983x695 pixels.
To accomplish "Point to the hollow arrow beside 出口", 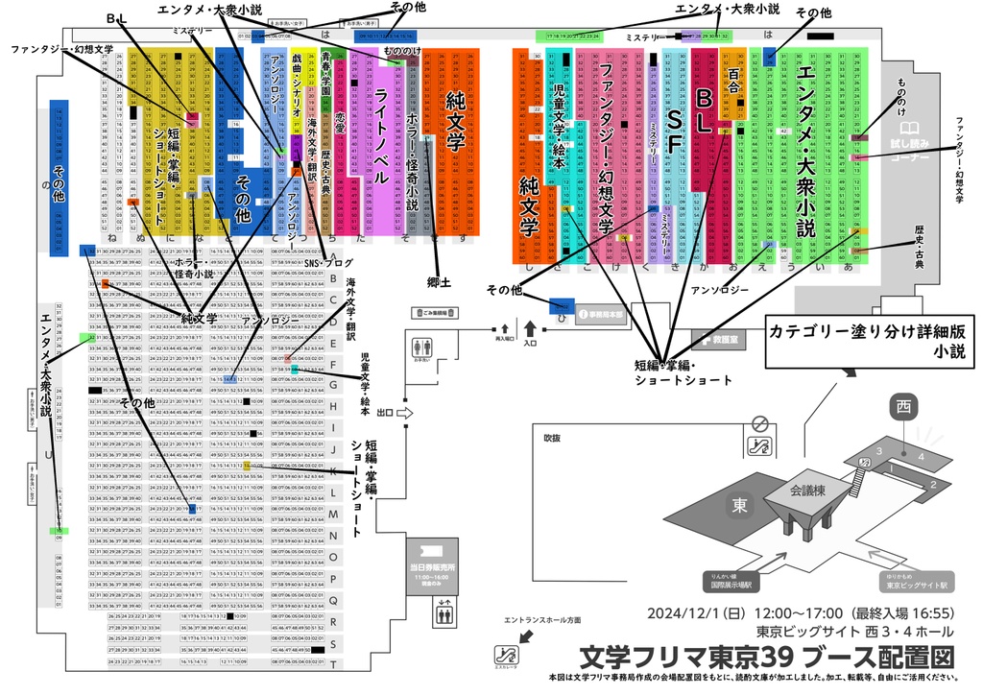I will (404, 413).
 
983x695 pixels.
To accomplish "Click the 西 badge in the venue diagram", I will (903, 407).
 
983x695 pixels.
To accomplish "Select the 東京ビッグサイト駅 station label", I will (916, 583).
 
